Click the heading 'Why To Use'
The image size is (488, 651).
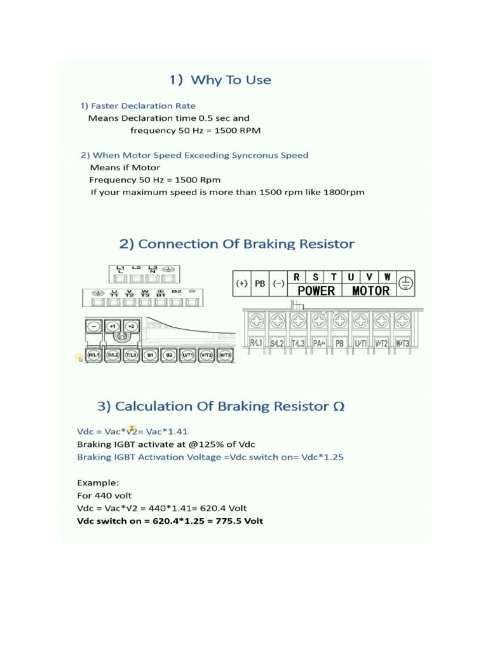tap(231, 80)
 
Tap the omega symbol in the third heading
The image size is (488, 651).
tap(338, 406)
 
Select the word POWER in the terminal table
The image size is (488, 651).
tap(316, 291)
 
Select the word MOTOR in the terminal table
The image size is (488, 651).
tap(370, 291)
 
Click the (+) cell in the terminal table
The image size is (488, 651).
tap(241, 284)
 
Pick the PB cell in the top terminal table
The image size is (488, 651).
tap(260, 284)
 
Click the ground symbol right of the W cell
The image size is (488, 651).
tap(405, 284)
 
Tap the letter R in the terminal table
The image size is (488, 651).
tap(297, 277)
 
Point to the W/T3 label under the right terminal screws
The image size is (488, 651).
tap(402, 343)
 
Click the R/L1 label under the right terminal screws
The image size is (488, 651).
tap(256, 343)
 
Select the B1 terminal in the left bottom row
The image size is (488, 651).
tap(151, 355)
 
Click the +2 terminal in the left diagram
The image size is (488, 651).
tap(130, 326)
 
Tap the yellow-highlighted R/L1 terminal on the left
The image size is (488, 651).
tap(93, 355)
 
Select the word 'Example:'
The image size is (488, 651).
tap(97, 483)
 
